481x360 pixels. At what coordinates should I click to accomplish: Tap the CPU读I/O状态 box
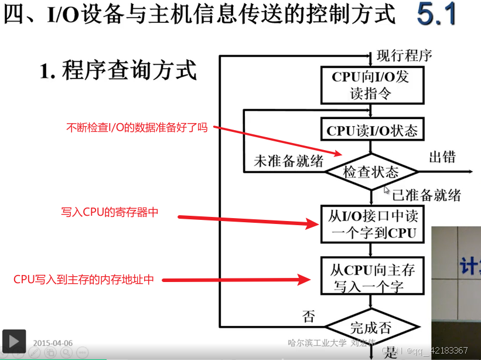tap(372, 130)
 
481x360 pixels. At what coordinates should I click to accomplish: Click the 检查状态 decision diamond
tap(371, 172)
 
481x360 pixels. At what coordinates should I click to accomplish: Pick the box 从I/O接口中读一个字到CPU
tap(372, 224)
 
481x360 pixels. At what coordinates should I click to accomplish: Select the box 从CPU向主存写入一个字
tap(372, 277)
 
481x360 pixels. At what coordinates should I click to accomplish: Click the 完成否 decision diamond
tap(371, 327)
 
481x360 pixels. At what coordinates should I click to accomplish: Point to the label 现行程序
tap(404, 56)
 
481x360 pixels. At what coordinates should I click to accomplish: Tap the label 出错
tap(442, 157)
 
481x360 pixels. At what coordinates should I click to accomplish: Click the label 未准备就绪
tap(288, 161)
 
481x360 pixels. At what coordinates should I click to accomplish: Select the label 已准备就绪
tap(427, 195)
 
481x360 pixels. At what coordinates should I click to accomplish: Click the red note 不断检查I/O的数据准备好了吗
tap(137, 127)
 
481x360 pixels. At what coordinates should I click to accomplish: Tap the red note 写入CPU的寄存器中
tap(110, 212)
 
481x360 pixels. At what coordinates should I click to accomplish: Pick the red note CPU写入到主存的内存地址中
tap(84, 280)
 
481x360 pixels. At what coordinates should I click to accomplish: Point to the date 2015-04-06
tap(53, 343)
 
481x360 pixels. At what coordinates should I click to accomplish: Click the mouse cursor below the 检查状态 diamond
tap(387, 190)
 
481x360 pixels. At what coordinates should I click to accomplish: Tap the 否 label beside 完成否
tap(308, 317)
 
